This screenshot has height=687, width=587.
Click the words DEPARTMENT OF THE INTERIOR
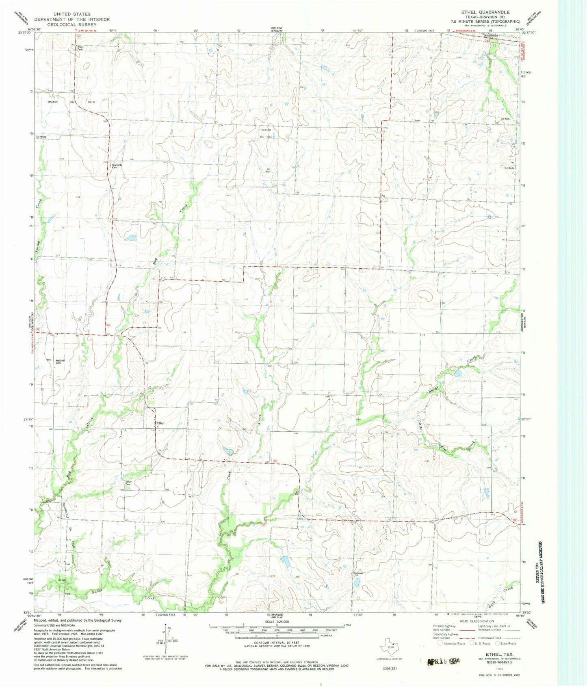point(72,19)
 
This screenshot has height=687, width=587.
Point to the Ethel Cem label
point(128,483)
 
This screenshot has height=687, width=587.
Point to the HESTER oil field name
point(266,130)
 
